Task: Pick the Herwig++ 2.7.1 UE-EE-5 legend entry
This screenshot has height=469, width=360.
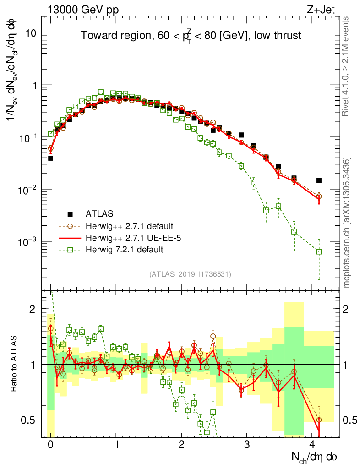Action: point(131,238)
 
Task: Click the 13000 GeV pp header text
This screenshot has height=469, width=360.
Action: point(83,9)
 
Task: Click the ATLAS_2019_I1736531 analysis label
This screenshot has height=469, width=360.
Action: point(190,274)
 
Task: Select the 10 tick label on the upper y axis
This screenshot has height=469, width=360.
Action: point(30,33)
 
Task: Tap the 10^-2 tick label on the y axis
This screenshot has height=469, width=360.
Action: point(28,190)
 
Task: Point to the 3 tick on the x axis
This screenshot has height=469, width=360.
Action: point(247,444)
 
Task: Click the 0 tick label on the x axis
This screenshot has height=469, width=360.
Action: point(50,444)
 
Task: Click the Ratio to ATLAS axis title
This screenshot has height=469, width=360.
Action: point(15,364)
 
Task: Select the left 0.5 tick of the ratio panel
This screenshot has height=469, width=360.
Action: point(30,420)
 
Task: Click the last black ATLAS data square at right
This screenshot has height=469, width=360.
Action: point(319,180)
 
